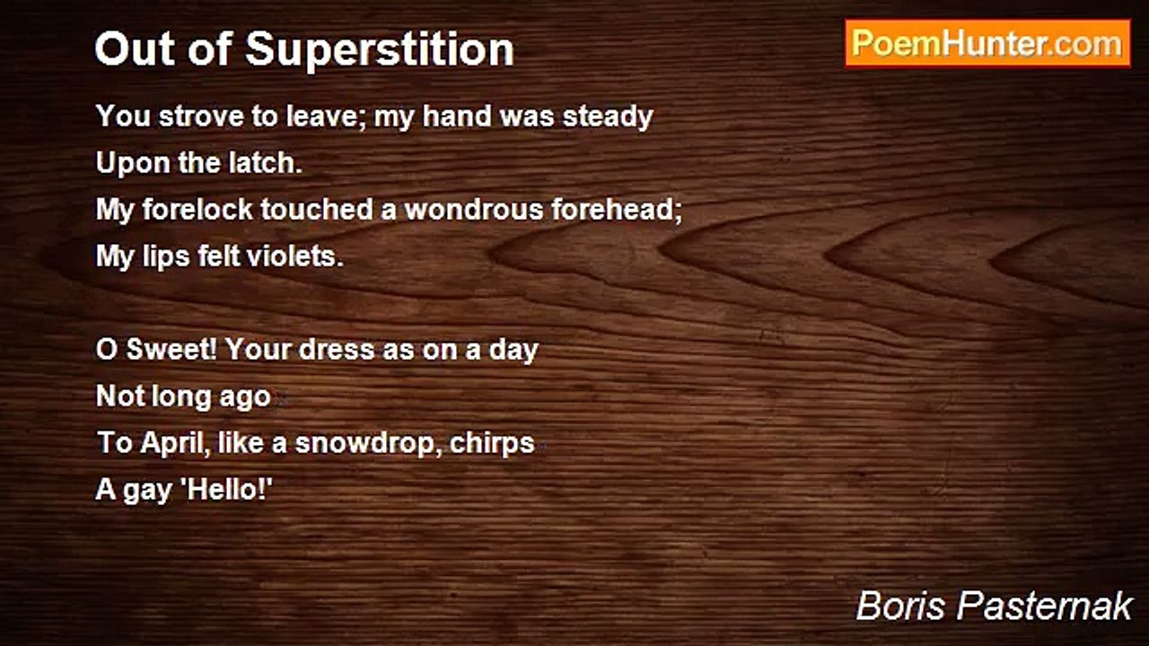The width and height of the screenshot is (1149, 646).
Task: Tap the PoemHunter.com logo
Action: coord(987,43)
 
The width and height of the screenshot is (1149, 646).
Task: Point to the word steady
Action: coord(608,117)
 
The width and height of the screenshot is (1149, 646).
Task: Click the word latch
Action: coord(270,163)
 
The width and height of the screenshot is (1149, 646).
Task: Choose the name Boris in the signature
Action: coord(901,607)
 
